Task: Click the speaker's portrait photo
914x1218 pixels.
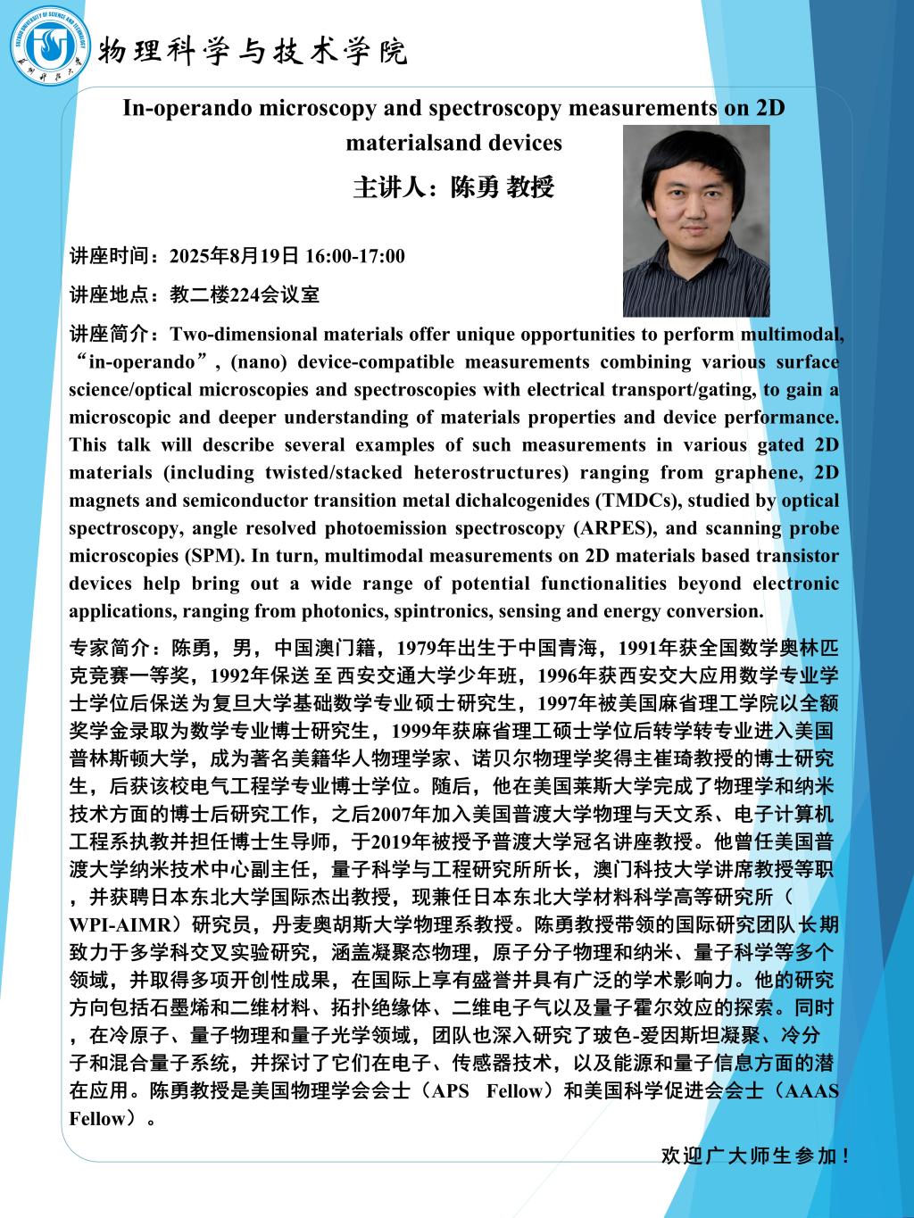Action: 696,220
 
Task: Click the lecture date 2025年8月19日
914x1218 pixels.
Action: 235,257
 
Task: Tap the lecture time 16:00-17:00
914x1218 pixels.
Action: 354,257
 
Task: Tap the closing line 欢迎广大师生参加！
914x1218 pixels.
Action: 755,1156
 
